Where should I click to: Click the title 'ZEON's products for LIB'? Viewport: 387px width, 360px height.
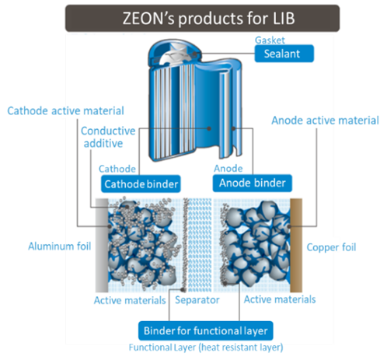(208, 19)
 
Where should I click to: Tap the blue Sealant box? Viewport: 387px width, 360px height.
(284, 54)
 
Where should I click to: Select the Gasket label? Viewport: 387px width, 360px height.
(270, 40)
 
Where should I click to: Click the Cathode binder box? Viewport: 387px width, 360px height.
(141, 183)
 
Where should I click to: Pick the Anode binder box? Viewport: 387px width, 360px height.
(253, 183)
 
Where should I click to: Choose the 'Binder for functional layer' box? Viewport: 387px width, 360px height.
(206, 330)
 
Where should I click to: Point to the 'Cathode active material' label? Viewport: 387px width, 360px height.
(65, 110)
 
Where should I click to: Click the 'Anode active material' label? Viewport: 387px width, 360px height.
(325, 121)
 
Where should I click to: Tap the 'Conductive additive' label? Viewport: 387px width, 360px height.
(108, 137)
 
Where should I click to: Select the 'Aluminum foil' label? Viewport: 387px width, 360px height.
(60, 246)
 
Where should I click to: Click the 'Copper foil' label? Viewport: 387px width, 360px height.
(331, 247)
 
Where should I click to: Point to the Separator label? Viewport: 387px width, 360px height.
(197, 300)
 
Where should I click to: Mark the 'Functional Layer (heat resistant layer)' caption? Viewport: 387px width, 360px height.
(206, 348)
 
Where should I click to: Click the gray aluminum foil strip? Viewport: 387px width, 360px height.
(102, 245)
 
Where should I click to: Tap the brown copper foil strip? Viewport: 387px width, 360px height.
(296, 245)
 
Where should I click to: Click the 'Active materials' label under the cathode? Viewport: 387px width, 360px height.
(130, 300)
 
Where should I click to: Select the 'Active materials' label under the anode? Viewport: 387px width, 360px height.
(280, 299)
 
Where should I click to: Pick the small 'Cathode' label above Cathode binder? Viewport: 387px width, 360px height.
(117, 169)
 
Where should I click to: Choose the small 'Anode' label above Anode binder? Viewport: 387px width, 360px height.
(228, 169)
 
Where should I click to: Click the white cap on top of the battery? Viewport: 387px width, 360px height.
(173, 55)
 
